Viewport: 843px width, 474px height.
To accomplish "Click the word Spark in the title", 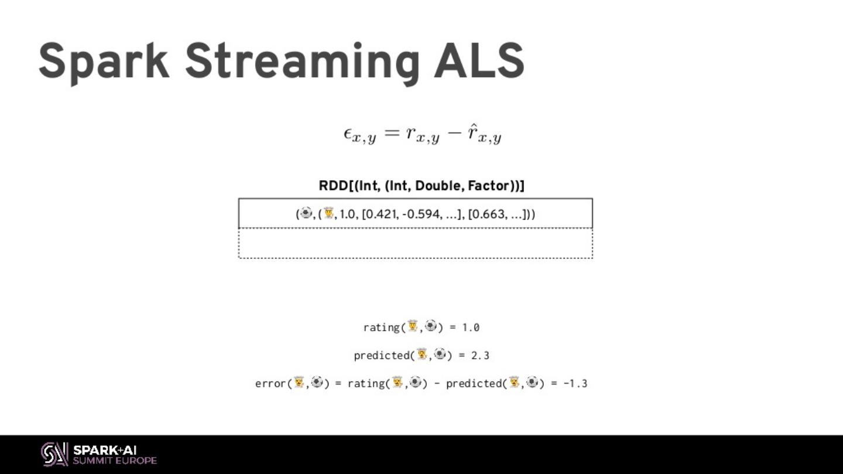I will tap(104, 61).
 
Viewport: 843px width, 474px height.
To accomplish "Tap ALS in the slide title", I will tap(478, 61).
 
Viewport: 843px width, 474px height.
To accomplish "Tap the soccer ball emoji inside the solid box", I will tap(306, 214).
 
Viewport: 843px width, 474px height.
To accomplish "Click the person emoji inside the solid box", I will tap(329, 214).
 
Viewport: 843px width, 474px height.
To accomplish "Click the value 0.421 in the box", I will tap(381, 214).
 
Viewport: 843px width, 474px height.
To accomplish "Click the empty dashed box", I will tap(416, 243).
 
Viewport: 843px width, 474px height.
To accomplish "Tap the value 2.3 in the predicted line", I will tap(480, 355).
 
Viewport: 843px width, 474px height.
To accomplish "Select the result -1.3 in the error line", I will tap(575, 383).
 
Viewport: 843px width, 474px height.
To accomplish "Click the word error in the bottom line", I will tap(270, 383).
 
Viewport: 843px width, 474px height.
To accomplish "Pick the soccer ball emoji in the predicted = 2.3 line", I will tap(440, 354).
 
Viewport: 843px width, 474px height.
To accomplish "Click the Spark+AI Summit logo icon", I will tap(54, 454).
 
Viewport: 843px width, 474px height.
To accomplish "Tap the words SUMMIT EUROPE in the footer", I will tap(115, 461).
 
